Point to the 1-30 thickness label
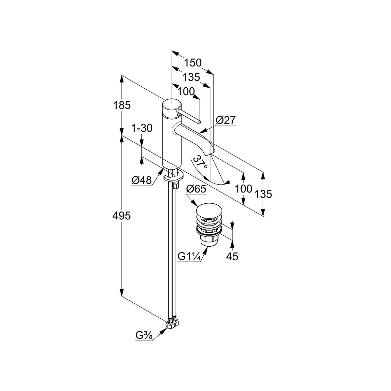142,128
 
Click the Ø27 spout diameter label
225,120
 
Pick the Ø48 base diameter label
142,180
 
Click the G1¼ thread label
189,257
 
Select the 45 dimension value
232,257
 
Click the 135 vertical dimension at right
263,194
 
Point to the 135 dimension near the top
191,77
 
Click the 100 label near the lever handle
186,92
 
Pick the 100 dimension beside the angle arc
244,189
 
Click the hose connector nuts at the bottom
172,323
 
